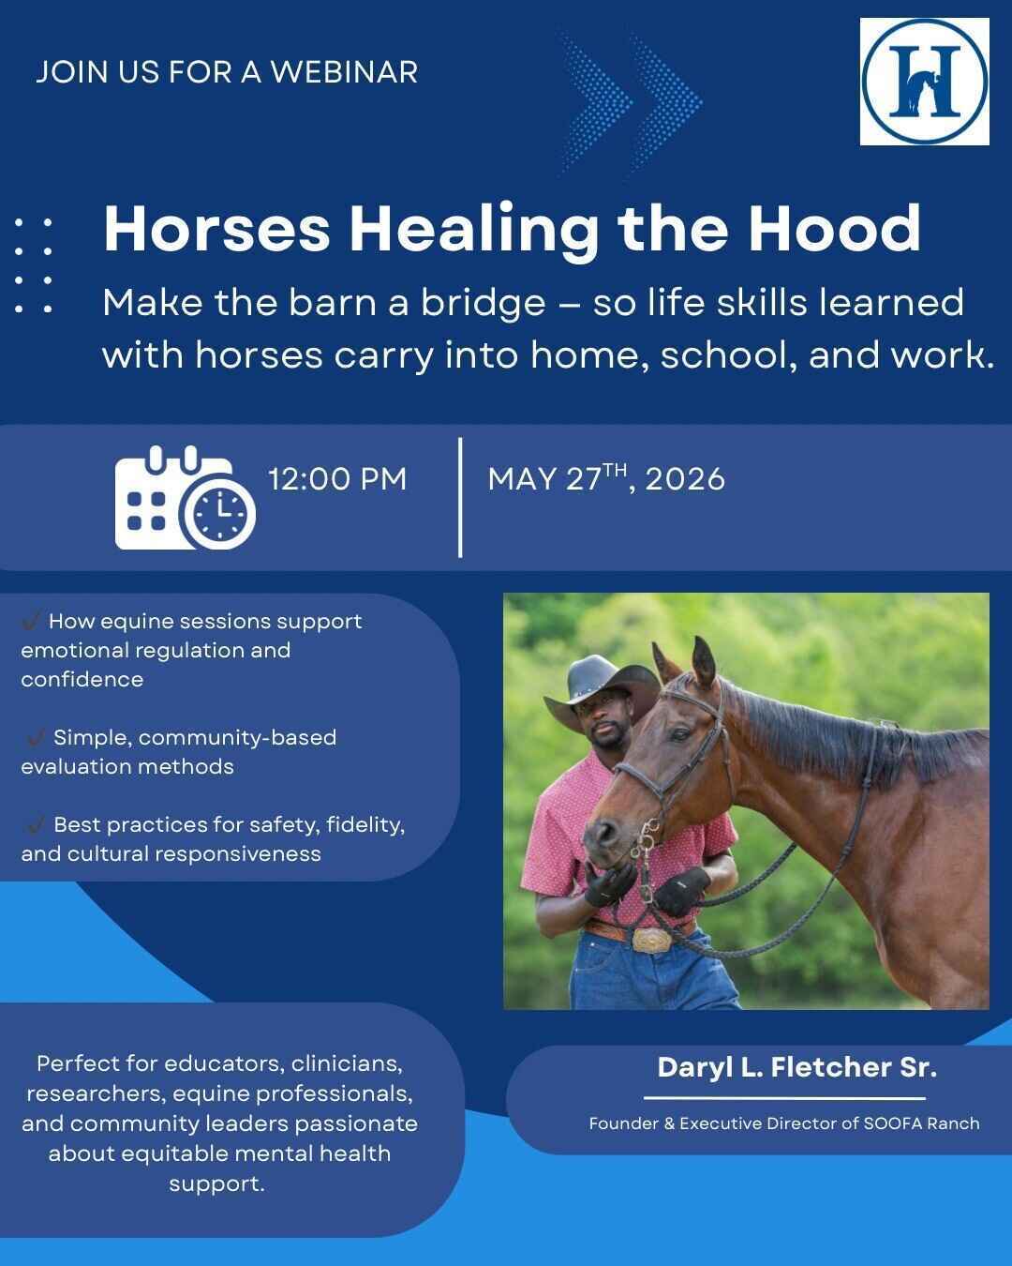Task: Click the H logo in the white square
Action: click(924, 81)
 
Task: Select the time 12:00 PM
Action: click(337, 479)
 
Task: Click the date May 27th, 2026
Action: click(606, 478)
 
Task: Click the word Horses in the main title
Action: click(216, 229)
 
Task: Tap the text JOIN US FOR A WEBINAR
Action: click(227, 72)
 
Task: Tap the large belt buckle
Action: click(649, 938)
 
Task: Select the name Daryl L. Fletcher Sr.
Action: click(796, 1067)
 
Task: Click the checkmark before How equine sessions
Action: click(31, 621)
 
